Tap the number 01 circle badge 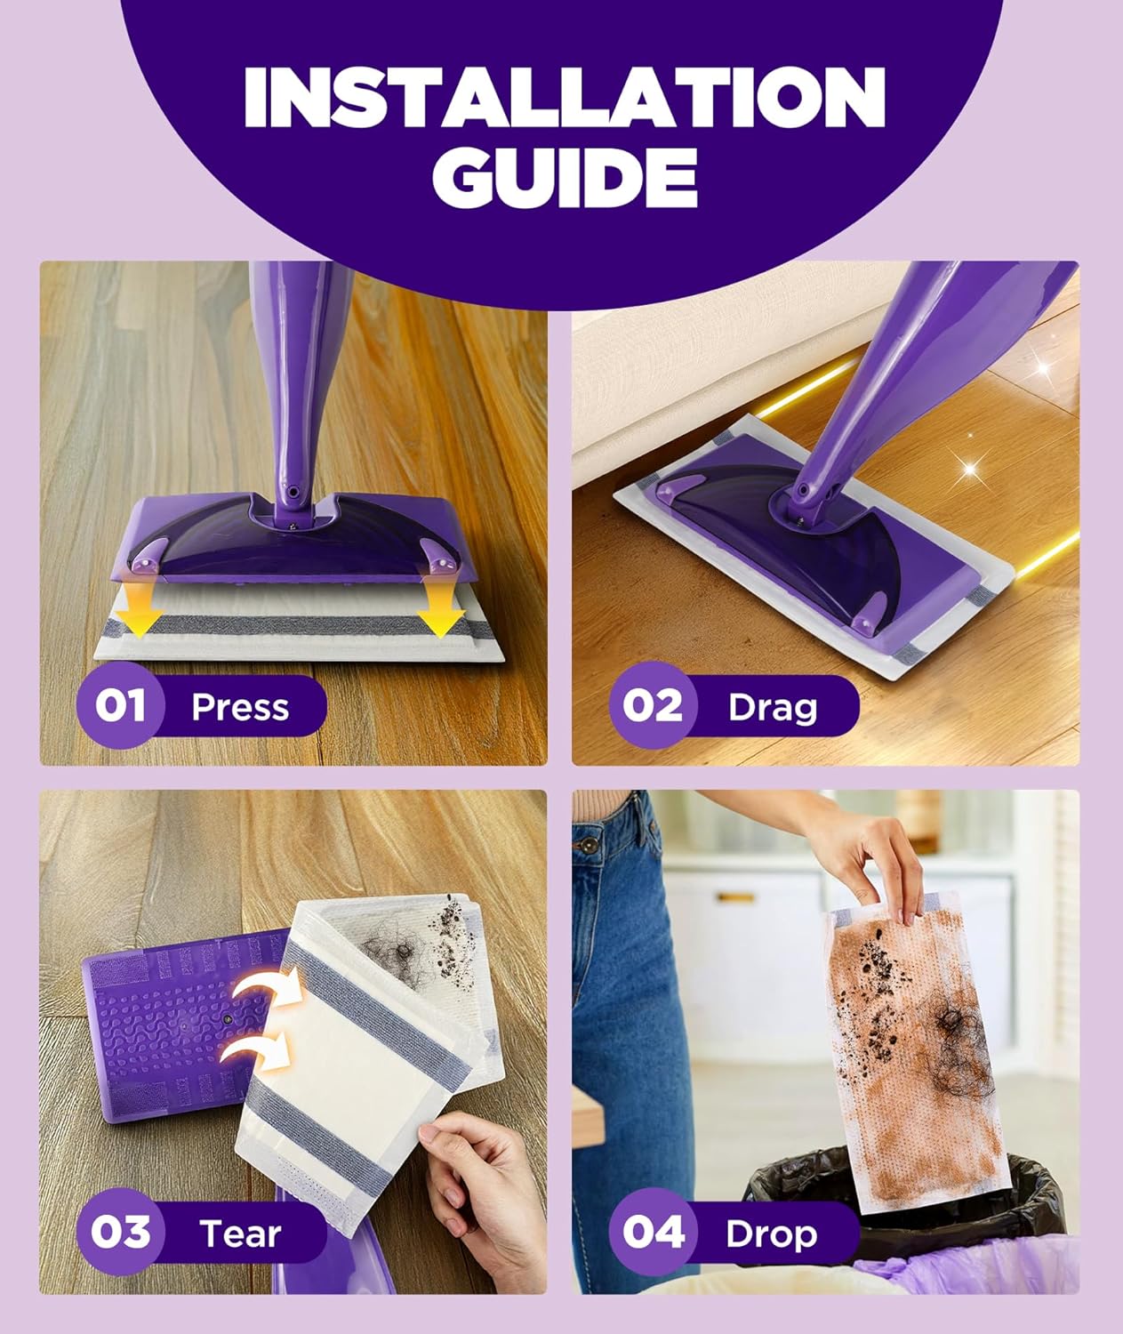point(120,705)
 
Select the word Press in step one point(240,707)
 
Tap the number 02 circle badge point(653,705)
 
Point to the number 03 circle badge point(120,1232)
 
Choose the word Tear point(240,1233)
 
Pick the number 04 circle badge point(653,1232)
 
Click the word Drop point(772,1235)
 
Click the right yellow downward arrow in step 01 point(440,601)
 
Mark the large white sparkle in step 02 point(970,470)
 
